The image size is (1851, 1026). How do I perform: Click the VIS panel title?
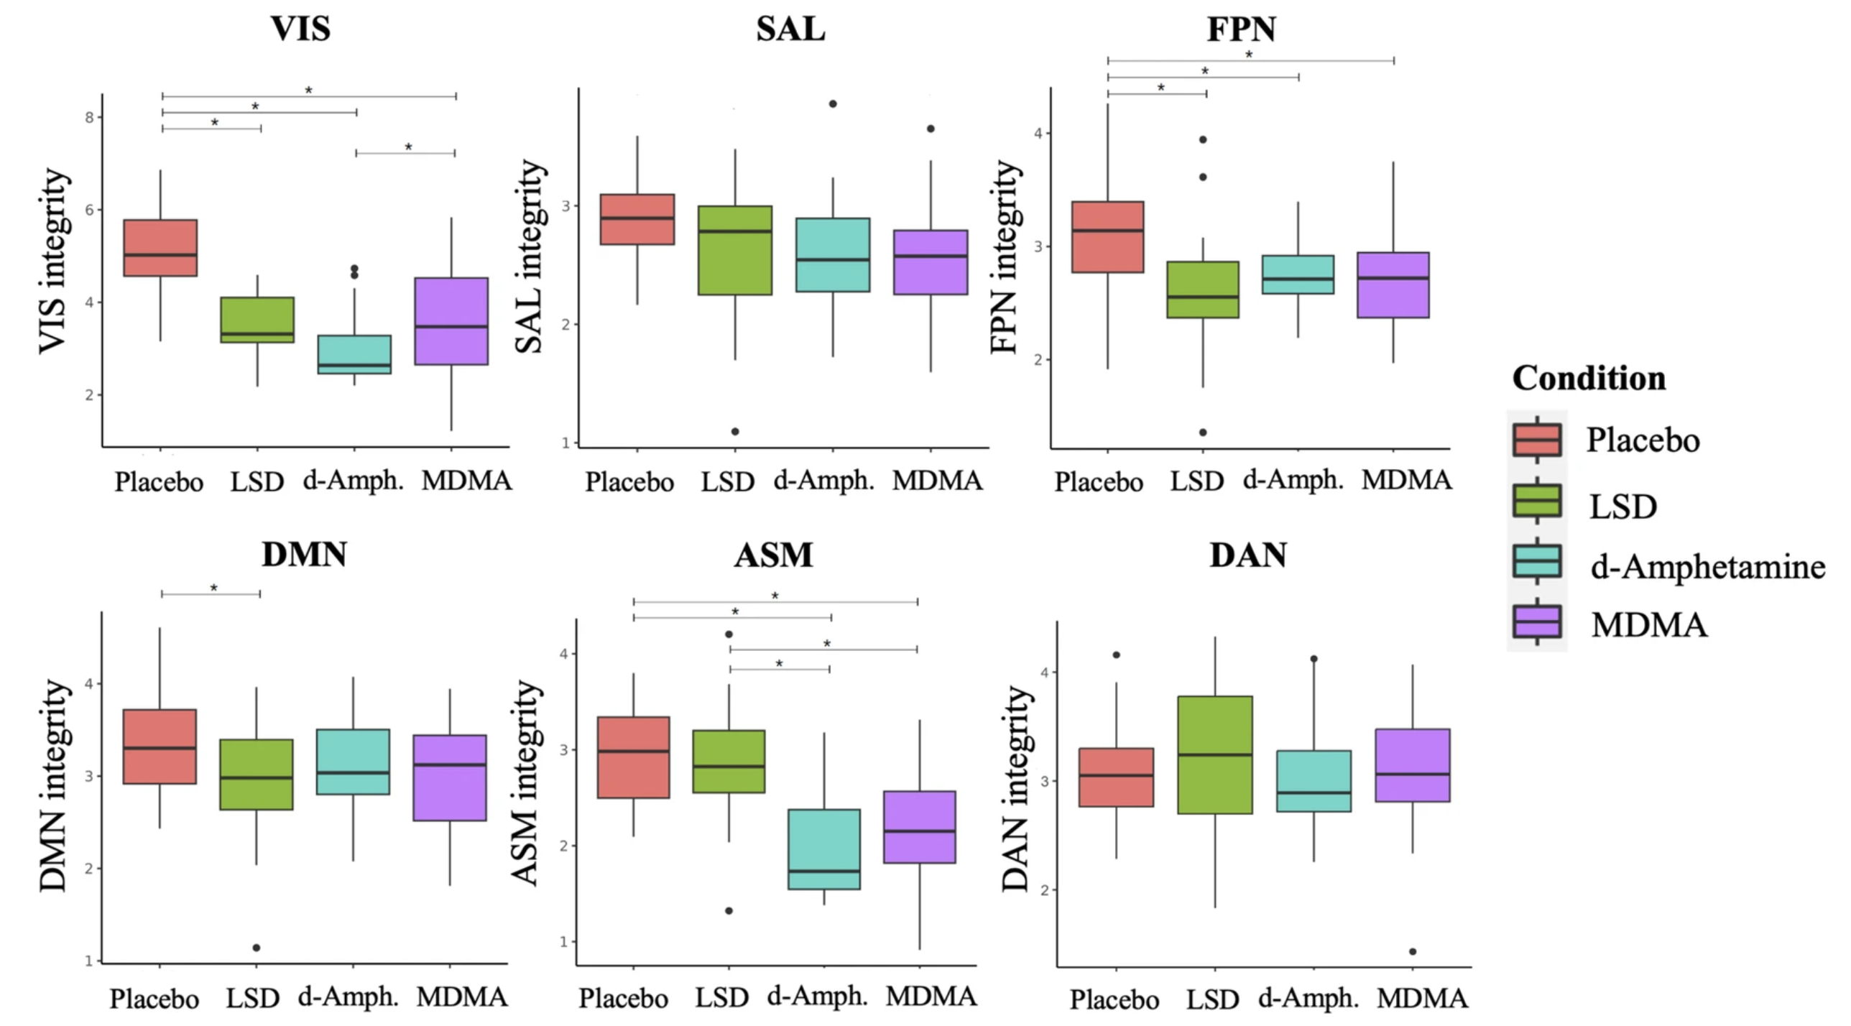(x=300, y=29)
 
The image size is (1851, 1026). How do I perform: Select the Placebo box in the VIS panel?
(x=160, y=248)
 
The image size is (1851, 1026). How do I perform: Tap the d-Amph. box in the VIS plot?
(x=354, y=354)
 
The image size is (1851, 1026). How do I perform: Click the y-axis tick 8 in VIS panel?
(x=90, y=117)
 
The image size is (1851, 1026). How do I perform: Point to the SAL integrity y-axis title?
(x=530, y=256)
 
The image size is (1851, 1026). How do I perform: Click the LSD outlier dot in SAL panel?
(x=735, y=432)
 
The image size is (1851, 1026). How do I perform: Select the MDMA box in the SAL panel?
(x=931, y=262)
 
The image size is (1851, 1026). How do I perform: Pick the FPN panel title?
(x=1241, y=29)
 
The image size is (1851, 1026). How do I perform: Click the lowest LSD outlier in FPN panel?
(x=1203, y=433)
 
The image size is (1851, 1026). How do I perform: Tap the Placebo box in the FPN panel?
(x=1107, y=237)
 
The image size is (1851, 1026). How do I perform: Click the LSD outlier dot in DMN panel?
(x=256, y=948)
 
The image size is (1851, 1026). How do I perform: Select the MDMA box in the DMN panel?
(x=450, y=777)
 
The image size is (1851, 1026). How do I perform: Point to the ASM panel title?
(x=773, y=555)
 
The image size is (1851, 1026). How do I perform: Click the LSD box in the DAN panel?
(x=1215, y=754)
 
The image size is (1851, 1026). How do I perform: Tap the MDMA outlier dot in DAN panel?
(x=1413, y=951)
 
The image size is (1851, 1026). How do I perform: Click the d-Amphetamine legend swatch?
(x=1537, y=561)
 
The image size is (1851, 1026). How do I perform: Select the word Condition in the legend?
(x=1589, y=379)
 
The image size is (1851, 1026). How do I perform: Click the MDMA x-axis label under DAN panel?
(x=1423, y=999)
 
